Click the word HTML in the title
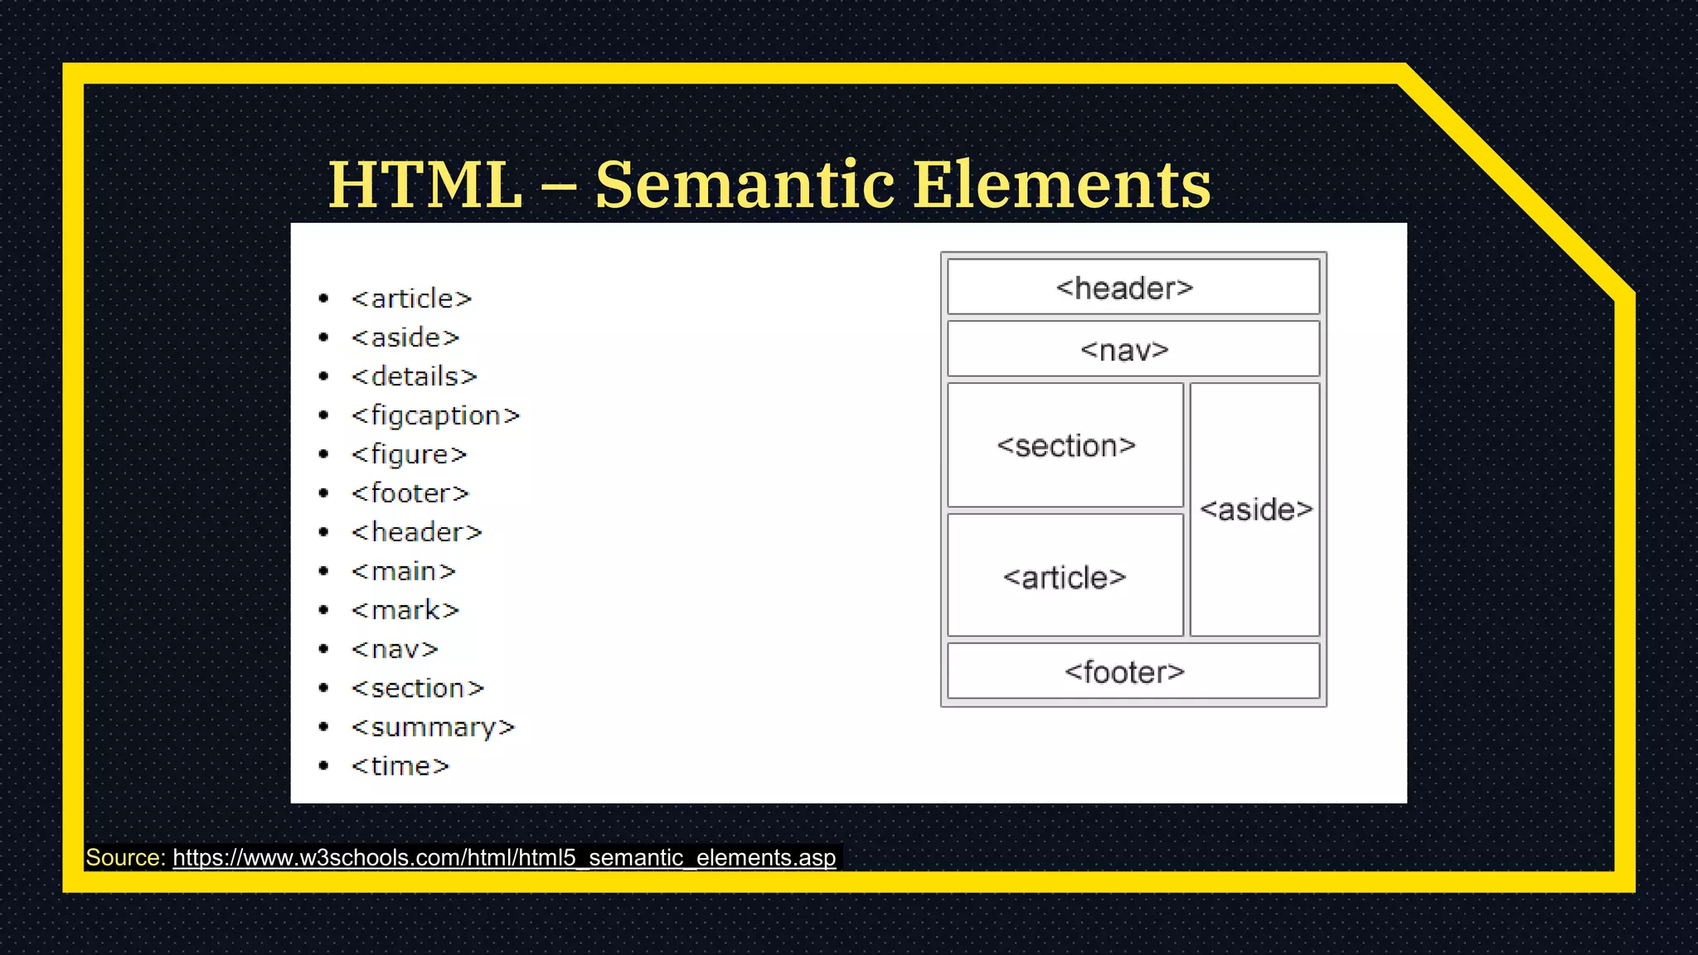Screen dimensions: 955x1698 click(x=425, y=184)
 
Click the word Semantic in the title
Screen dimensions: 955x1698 click(x=745, y=184)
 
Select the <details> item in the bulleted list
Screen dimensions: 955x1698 click(x=414, y=376)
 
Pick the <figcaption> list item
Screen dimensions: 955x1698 click(x=435, y=415)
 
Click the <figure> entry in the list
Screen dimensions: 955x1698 click(x=409, y=454)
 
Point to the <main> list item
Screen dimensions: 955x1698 click(x=403, y=571)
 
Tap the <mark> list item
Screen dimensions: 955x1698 click(x=405, y=610)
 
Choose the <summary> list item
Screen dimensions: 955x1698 click(x=433, y=727)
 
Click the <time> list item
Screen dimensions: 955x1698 click(x=400, y=766)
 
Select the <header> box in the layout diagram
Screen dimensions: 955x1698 click(x=1133, y=288)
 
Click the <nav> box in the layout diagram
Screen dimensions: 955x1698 click(x=1133, y=349)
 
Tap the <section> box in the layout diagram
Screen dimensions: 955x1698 click(x=1065, y=445)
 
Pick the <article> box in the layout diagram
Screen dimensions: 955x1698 click(x=1065, y=576)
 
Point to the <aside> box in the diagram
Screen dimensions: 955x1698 click(x=1255, y=509)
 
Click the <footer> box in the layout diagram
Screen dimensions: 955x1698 click(x=1133, y=671)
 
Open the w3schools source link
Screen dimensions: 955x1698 click(x=504, y=857)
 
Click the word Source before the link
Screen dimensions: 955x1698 click(x=125, y=857)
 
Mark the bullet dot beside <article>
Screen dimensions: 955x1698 click(x=323, y=298)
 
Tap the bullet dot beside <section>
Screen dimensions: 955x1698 click(x=323, y=688)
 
